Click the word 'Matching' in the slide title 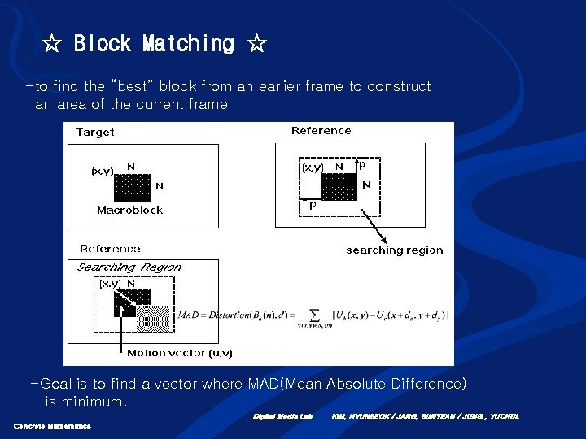[188, 43]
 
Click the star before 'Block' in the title [53, 44]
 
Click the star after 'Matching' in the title [256, 44]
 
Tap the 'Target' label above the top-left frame [95, 133]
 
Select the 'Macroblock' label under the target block [129, 211]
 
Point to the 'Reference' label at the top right [321, 131]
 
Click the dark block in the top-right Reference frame [339, 186]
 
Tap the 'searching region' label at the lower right [394, 250]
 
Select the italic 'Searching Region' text [129, 267]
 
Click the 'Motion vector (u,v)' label [179, 353]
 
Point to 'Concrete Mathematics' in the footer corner [52, 426]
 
